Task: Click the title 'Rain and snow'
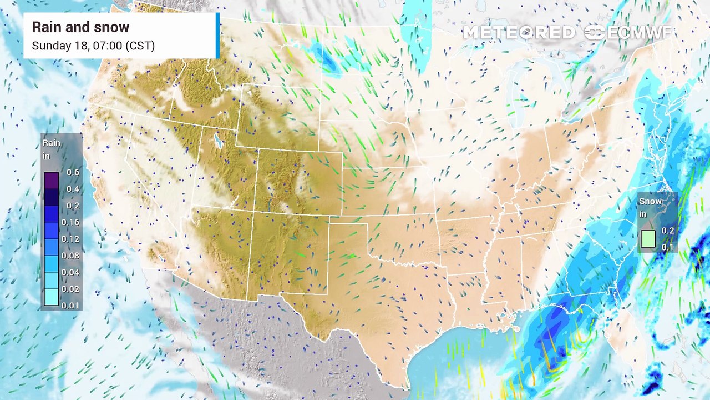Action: [x=80, y=27]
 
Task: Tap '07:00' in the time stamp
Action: [x=106, y=46]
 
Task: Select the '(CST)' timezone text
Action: [x=140, y=46]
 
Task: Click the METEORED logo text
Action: [x=519, y=33]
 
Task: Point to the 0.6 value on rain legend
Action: [x=73, y=172]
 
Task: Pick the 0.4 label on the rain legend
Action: [x=73, y=189]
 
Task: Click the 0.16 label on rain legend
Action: [x=73, y=222]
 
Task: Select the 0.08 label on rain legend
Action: [x=73, y=256]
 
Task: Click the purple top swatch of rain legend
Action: [x=51, y=180]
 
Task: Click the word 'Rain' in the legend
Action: [x=52, y=143]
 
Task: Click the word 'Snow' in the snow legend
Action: [x=650, y=201]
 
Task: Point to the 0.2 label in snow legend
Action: [x=667, y=231]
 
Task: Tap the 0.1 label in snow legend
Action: [x=667, y=247]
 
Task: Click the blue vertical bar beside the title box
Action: [x=217, y=36]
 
